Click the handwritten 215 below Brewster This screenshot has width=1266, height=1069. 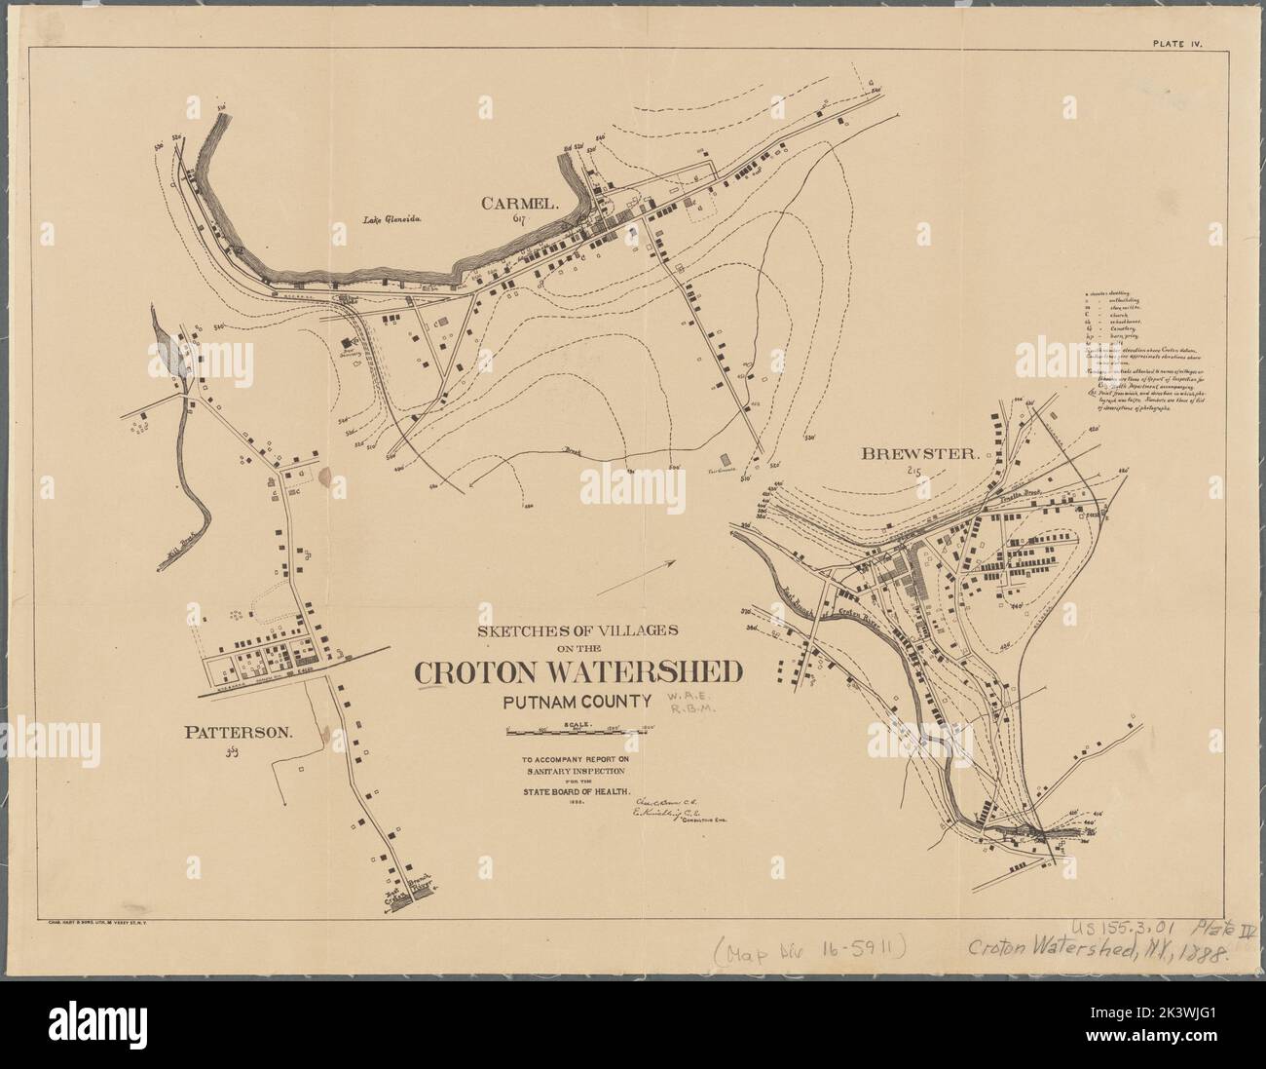[913, 473]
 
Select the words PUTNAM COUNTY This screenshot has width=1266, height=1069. [578, 700]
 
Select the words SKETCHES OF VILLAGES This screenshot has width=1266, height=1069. [580, 630]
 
